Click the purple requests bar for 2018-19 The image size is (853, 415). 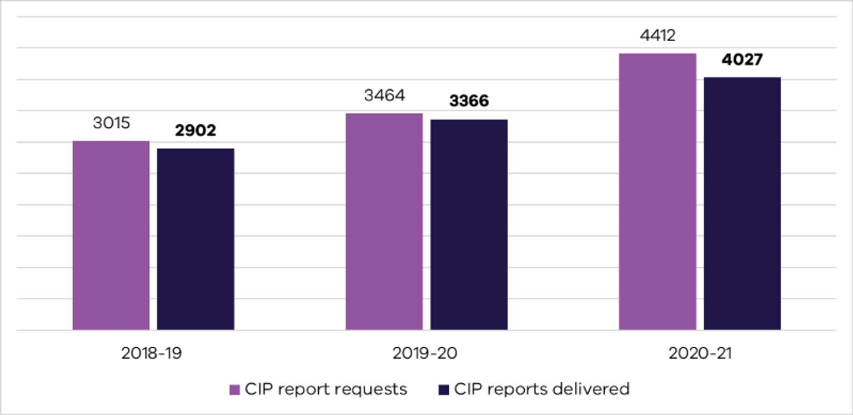tap(111, 236)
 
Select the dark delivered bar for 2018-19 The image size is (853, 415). tap(195, 239)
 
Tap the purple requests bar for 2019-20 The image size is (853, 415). tap(384, 222)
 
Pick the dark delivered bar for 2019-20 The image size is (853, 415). tap(469, 225)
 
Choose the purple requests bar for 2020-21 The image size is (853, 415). tap(658, 192)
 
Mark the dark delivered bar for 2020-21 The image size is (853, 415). tap(742, 204)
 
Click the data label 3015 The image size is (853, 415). tap(111, 123)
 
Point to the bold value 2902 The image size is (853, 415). tap(195, 131)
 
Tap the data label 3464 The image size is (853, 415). tap(384, 95)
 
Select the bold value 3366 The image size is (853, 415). tap(469, 101)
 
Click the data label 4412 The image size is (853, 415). tap(658, 36)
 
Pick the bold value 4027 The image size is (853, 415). tap(742, 59)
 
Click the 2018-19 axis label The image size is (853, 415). tap(151, 353)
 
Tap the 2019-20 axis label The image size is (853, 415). tap(425, 353)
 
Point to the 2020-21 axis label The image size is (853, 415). tap(700, 353)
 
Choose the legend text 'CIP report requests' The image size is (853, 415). tap(326, 389)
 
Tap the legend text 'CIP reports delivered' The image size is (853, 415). tap(542, 389)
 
